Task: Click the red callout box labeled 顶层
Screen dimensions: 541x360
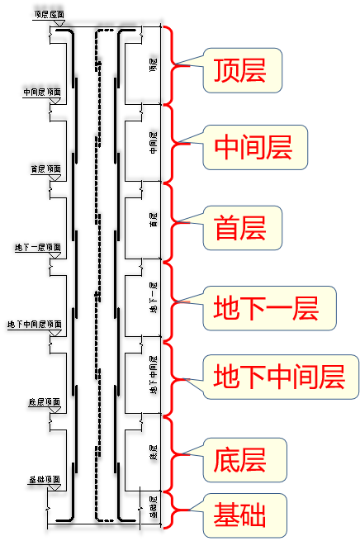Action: (x=239, y=70)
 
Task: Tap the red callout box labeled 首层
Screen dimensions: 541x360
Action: (x=239, y=228)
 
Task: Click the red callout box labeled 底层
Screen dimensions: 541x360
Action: (x=239, y=457)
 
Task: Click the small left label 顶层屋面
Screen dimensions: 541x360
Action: (x=50, y=15)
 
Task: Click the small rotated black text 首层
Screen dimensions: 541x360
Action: (x=153, y=221)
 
